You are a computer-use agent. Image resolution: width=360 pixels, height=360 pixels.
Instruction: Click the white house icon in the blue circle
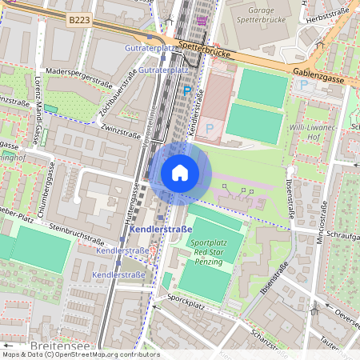pyautogui.click(x=179, y=172)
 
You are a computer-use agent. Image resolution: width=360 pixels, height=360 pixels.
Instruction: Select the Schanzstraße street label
pyautogui.click(x=268, y=339)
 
